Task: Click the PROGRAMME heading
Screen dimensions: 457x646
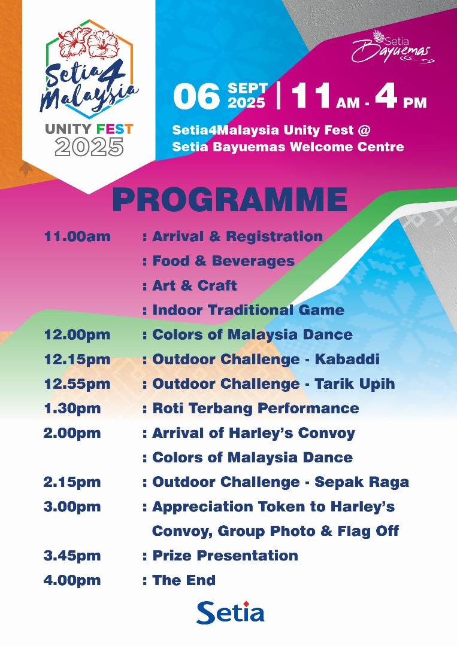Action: (x=229, y=200)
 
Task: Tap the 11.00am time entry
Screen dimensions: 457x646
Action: (x=77, y=236)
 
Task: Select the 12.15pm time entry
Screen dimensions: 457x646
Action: (x=77, y=359)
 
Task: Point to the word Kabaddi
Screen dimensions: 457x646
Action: (x=347, y=359)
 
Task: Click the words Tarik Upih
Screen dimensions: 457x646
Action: (x=355, y=384)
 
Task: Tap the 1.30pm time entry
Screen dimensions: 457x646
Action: (x=72, y=409)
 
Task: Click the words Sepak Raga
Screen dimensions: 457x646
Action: (x=362, y=483)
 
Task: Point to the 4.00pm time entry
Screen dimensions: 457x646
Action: (x=72, y=580)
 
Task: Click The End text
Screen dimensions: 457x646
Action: (x=184, y=580)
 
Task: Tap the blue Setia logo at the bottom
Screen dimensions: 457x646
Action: (x=230, y=613)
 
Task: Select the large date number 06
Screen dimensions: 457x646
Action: (x=196, y=96)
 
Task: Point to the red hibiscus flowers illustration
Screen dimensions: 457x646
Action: (x=89, y=42)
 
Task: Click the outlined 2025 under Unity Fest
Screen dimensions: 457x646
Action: (x=89, y=147)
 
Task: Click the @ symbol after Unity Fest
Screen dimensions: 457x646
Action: (x=364, y=130)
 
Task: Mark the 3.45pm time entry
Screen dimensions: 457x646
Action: (x=72, y=555)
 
